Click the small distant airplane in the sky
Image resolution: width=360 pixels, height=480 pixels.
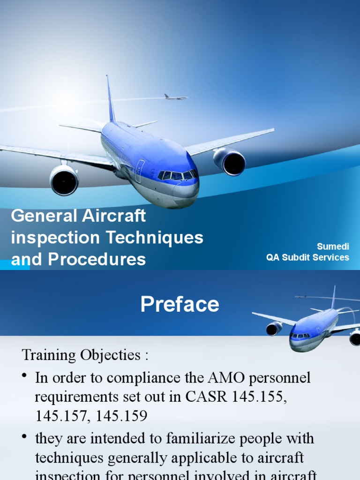point(175,97)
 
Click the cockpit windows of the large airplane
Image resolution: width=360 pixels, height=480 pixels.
point(177,175)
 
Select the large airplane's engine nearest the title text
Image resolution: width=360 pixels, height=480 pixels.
point(64,180)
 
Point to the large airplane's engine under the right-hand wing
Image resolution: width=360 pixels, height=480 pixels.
point(230,161)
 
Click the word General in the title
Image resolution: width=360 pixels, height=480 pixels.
point(43,216)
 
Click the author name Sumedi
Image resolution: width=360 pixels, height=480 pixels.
point(333,247)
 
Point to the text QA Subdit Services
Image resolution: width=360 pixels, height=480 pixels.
point(307,257)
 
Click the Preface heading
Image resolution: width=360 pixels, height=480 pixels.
point(180,305)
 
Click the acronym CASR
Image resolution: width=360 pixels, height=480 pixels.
point(209,397)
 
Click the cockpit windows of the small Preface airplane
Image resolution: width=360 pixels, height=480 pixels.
point(300,336)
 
